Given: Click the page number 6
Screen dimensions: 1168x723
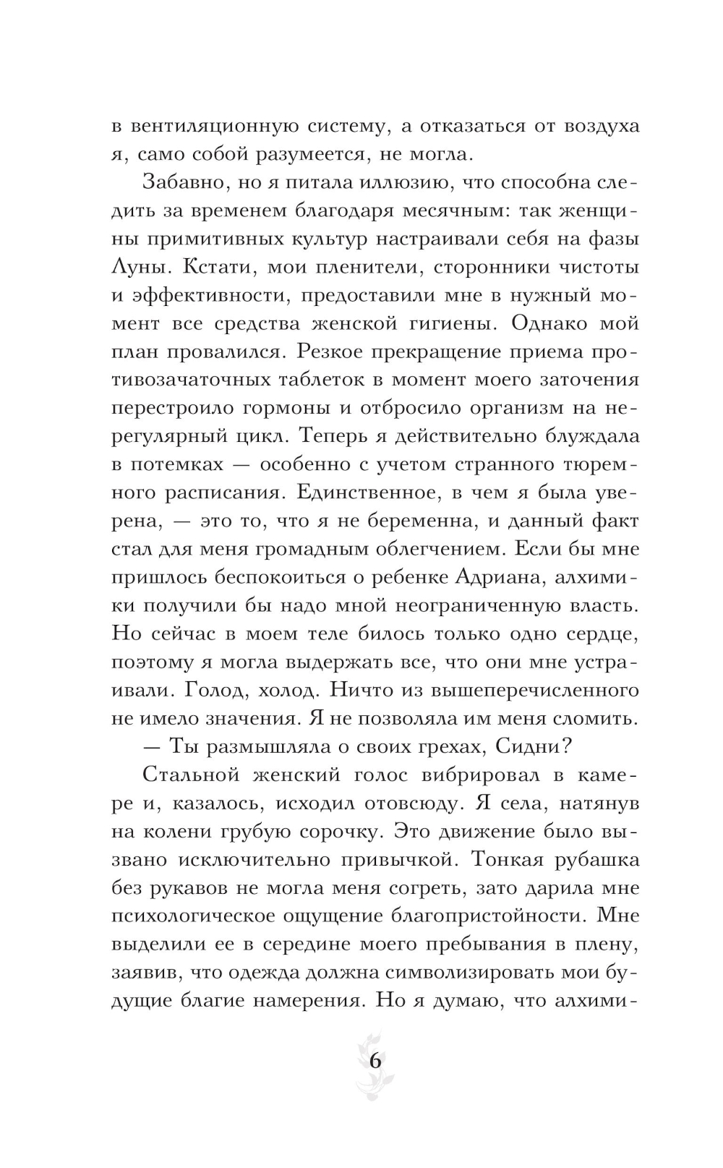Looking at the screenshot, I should (x=375, y=1062).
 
